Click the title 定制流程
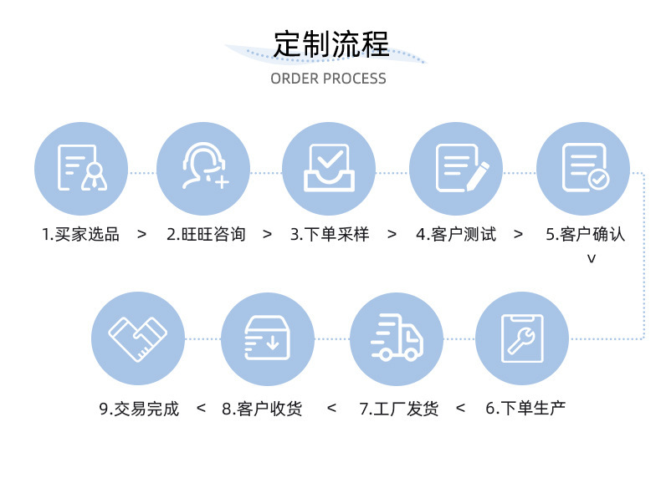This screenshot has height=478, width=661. point(330,43)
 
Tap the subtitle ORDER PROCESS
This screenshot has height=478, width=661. point(328,79)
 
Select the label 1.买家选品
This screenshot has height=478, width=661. point(80,234)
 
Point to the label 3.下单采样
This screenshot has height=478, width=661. point(330,234)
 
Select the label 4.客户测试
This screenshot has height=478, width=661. point(456,234)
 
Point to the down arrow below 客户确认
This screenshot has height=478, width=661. point(591,259)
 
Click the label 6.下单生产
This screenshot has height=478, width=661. point(525,409)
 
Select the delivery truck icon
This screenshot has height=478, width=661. point(397,338)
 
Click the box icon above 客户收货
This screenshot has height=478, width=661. point(268,338)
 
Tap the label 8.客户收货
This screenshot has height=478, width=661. point(262,409)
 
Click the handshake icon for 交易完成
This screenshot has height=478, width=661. point(138,338)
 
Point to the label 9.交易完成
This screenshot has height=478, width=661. point(139,409)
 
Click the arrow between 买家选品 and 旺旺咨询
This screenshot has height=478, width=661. point(141,234)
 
